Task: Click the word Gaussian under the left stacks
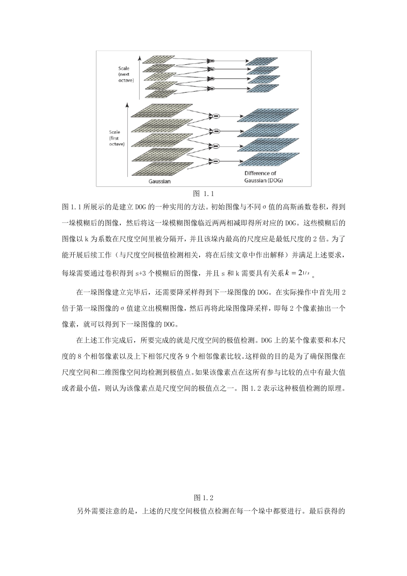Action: (159, 181)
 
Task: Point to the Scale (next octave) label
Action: (126, 74)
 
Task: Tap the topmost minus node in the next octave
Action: (211, 61)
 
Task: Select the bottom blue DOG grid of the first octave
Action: (269, 159)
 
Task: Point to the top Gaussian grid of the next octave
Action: (159, 60)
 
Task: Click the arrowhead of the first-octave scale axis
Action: (127, 104)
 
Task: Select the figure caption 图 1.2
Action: (203, 498)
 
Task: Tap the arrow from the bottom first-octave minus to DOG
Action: (231, 161)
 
